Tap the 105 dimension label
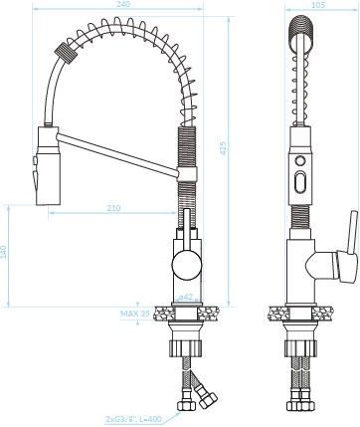point(318,5)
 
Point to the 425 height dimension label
point(223,148)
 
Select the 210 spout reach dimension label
point(113,208)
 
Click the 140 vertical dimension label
point(3,253)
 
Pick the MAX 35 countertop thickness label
point(135,314)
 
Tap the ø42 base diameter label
point(186,298)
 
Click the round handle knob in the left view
point(187,265)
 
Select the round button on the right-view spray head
point(300,161)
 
